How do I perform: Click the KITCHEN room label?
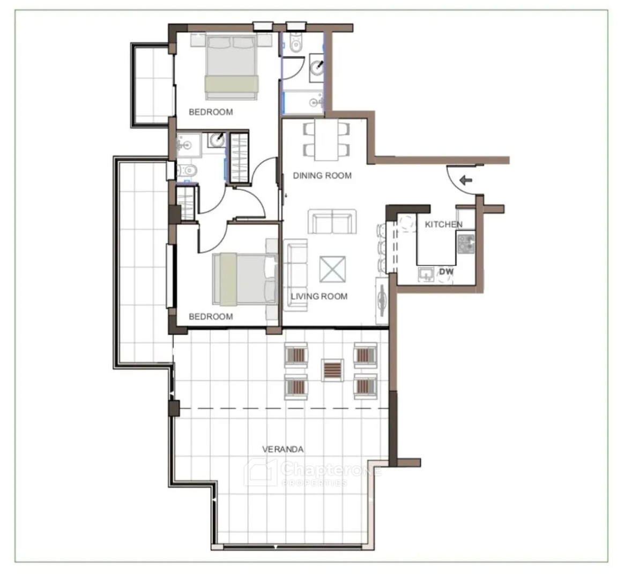point(444,224)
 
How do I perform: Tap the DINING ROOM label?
point(322,176)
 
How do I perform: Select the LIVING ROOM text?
point(319,296)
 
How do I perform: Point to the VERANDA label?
point(283,449)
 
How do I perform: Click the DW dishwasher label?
point(446,272)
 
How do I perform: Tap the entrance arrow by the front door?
point(466,180)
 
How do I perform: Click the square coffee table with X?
point(332,269)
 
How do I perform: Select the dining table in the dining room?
point(326,140)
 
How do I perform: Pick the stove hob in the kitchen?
point(466,244)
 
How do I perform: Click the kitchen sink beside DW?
point(426,274)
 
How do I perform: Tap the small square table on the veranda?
point(332,370)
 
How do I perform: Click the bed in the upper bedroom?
point(231,67)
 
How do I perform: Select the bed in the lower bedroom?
point(245,280)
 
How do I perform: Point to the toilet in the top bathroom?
point(295,42)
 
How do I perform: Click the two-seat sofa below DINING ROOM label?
point(332,222)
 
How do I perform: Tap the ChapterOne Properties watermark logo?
point(313,472)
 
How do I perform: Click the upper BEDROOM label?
point(211,112)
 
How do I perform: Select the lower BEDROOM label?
point(211,317)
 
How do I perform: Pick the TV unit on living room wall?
point(382,301)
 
